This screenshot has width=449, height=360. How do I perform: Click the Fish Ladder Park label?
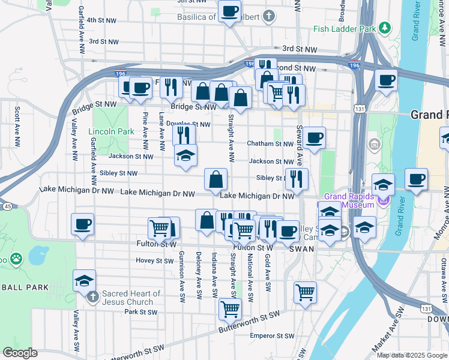pyautogui.click(x=344, y=29)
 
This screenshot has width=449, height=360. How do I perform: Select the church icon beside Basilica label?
pyautogui.click(x=270, y=16)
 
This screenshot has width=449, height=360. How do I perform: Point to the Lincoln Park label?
pyautogui.click(x=111, y=131)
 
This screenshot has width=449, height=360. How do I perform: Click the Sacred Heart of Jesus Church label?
pyautogui.click(x=131, y=298)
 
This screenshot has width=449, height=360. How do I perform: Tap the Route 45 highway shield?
pyautogui.click(x=7, y=206)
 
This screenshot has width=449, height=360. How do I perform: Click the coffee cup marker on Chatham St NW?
pyautogui.click(x=314, y=139)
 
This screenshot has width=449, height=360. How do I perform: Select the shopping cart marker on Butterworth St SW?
pyautogui.click(x=230, y=309)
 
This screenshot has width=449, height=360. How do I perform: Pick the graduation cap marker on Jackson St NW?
pyautogui.click(x=186, y=156)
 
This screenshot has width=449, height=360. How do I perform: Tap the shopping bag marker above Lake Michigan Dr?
pyautogui.click(x=215, y=178)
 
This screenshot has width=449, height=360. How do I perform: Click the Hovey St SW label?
pyautogui.click(x=154, y=260)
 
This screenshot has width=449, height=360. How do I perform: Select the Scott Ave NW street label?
pyautogui.click(x=17, y=121)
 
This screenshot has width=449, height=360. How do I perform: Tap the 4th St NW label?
pyautogui.click(x=102, y=20)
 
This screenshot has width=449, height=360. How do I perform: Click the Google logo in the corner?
pyautogui.click(x=20, y=353)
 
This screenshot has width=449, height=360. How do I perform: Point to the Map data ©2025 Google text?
pyautogui.click(x=412, y=355)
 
